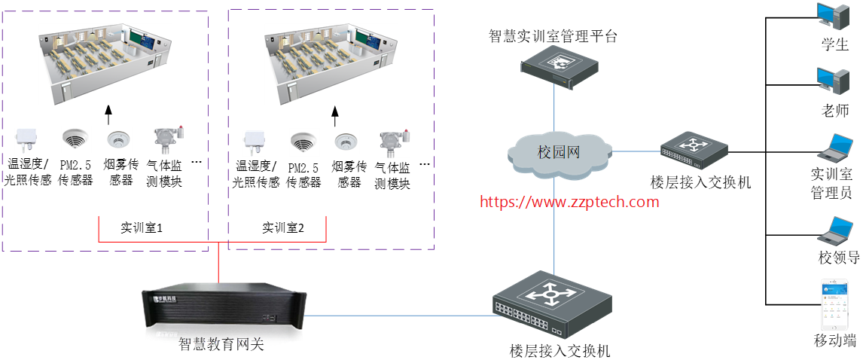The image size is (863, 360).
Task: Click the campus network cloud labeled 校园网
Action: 557,152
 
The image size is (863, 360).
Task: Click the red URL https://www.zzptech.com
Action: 569,202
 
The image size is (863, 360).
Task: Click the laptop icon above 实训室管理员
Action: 835,148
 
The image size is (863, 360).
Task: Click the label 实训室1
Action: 142,227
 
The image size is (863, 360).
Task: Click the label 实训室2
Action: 283,227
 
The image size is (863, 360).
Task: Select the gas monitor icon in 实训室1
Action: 168,139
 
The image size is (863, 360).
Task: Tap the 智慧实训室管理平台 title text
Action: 553,35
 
